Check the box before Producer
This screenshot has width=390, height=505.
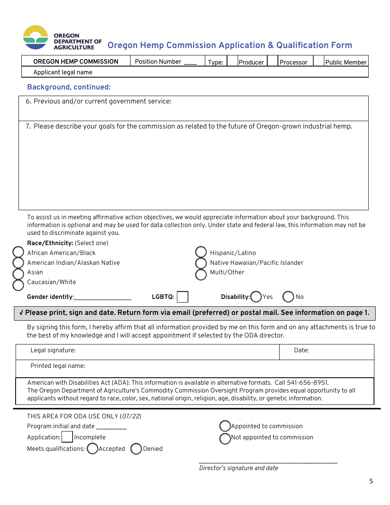[232, 62]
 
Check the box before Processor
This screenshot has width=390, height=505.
[273, 62]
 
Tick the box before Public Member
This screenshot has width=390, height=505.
[319, 62]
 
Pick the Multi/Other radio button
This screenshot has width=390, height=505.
[201, 274]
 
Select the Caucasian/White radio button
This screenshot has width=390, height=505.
[18, 285]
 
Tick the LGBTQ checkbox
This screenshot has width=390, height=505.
[182, 297]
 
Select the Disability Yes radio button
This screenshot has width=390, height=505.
[256, 296]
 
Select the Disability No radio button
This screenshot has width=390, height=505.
[288, 296]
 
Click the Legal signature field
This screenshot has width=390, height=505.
[177, 351]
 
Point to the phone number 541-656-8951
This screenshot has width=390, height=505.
[307, 383]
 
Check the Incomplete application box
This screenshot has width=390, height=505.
[67, 437]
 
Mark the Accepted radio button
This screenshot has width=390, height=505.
[92, 449]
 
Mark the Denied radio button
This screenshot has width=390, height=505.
[136, 449]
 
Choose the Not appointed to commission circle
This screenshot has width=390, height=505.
[225, 438]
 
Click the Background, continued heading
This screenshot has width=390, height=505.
[69, 87]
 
